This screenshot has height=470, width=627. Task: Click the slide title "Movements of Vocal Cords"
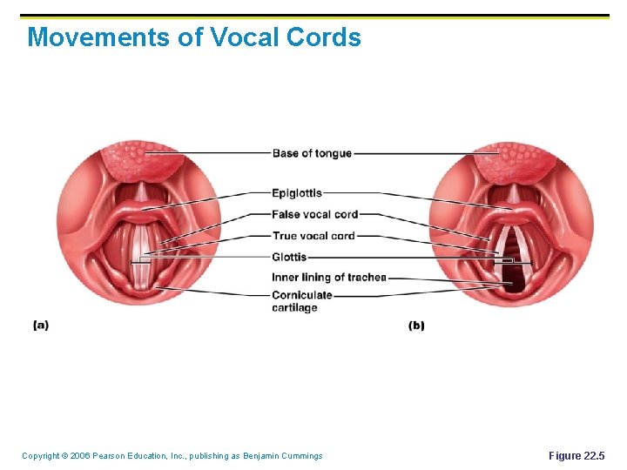click(193, 37)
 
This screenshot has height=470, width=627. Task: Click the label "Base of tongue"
click(312, 154)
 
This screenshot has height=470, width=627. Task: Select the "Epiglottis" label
click(297, 193)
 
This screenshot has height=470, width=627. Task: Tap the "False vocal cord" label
click(314, 214)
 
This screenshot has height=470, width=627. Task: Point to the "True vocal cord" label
click(313, 236)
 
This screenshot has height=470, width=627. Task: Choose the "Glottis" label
click(289, 257)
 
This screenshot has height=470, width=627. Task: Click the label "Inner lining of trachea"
click(329, 278)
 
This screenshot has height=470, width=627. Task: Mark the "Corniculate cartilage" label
click(301, 301)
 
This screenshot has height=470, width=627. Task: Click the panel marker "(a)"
click(41, 326)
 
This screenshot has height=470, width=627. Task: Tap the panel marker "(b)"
click(416, 326)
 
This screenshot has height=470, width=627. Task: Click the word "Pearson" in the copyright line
click(111, 456)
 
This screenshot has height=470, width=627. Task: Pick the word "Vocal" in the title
click(246, 37)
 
